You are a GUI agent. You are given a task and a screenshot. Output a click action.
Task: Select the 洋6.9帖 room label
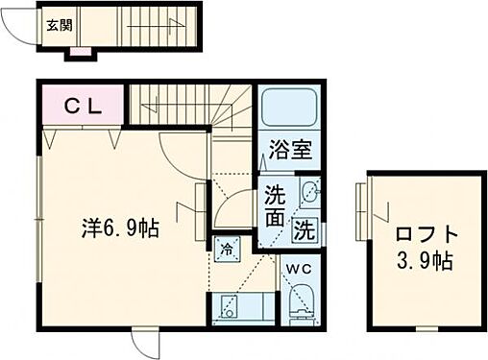[x=120, y=229]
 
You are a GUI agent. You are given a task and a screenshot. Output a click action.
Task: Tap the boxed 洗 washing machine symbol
[x=304, y=230]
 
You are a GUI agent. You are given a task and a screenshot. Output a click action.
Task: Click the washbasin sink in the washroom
[x=309, y=191]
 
